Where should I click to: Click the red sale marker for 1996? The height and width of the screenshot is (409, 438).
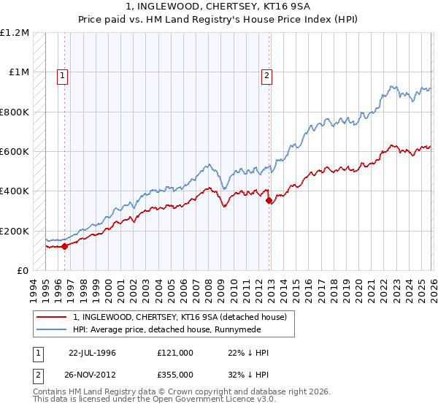pos(64,246)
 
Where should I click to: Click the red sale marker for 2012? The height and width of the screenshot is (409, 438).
pos(269,200)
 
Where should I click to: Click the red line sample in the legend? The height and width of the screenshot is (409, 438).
pos(52,317)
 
